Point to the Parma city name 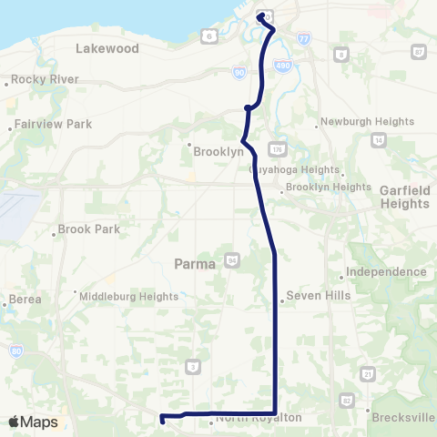(x=193, y=264)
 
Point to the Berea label (x=25, y=300)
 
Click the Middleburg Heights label (x=127, y=296)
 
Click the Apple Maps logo (x=33, y=422)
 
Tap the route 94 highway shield (x=233, y=262)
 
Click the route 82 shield (x=346, y=400)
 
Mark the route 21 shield (x=368, y=373)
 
